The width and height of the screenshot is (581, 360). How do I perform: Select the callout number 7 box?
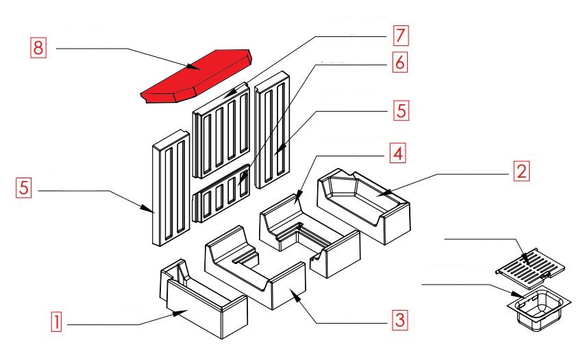pos(399,34)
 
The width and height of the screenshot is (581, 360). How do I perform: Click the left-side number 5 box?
pos(24,188)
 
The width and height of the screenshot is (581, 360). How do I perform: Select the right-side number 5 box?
pos(399,110)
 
